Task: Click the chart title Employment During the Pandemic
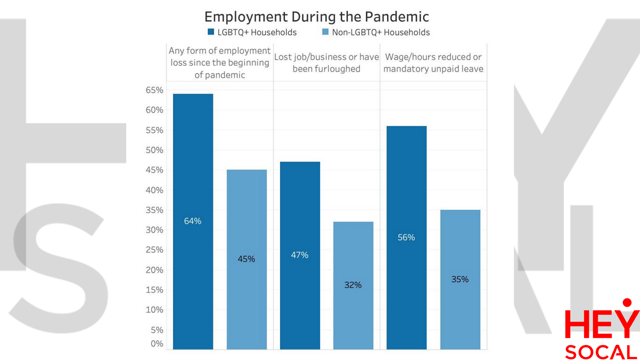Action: tap(316, 17)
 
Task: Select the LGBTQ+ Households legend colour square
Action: tap(211, 32)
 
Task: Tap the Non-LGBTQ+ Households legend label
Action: tap(381, 32)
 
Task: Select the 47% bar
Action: tap(300, 255)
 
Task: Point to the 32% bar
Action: tap(353, 285)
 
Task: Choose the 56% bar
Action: tap(406, 237)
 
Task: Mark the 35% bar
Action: tap(460, 279)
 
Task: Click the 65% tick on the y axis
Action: tap(154, 90)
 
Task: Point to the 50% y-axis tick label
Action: tap(154, 150)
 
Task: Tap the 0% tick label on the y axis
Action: tap(156, 344)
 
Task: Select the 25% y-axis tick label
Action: tap(154, 250)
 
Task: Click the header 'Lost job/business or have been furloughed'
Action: tap(326, 63)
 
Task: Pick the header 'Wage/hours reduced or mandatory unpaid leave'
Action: tap(433, 63)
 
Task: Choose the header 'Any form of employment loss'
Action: tap(220, 63)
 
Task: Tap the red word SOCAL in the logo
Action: tap(601, 352)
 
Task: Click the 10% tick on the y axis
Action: tap(154, 310)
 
